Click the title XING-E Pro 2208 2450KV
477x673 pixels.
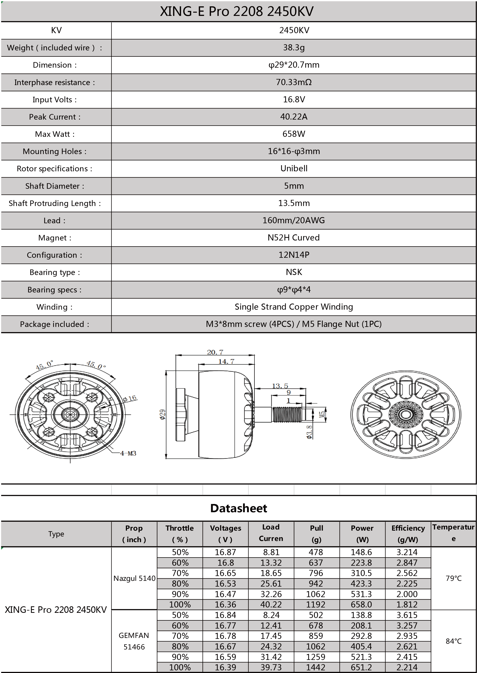236,11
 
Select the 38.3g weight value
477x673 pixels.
294,48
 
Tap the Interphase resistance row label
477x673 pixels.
55,82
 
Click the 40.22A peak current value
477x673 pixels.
294,117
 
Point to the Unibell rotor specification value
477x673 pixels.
294,168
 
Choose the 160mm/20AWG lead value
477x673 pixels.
294,220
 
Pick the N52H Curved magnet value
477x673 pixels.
294,238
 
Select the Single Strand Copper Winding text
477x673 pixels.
294,307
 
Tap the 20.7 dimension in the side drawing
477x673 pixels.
215,352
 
